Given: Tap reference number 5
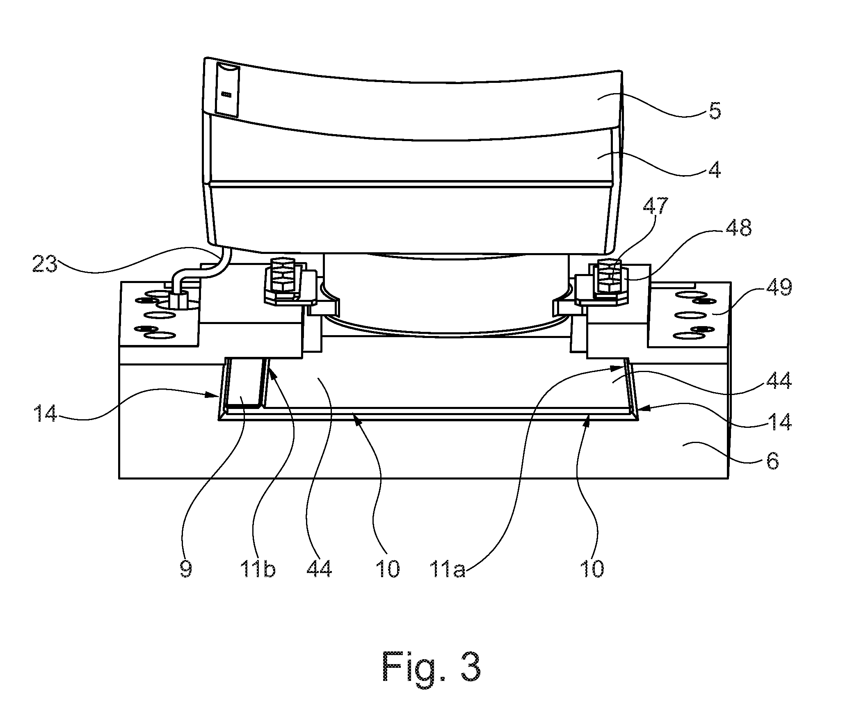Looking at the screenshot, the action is coord(715,111).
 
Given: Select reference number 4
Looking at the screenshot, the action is coord(715,169).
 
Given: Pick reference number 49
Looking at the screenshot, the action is coord(779,287).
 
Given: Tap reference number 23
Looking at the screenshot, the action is coord(45,263).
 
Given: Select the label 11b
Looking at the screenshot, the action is coord(258,569).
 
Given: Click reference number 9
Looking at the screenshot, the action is coord(186,569).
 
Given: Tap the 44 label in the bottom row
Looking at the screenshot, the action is coord(319,569).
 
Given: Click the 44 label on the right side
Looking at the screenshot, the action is coord(779,380).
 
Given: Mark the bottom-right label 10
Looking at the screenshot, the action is coord(592,569).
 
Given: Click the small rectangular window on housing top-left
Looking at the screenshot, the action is coord(227,89).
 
